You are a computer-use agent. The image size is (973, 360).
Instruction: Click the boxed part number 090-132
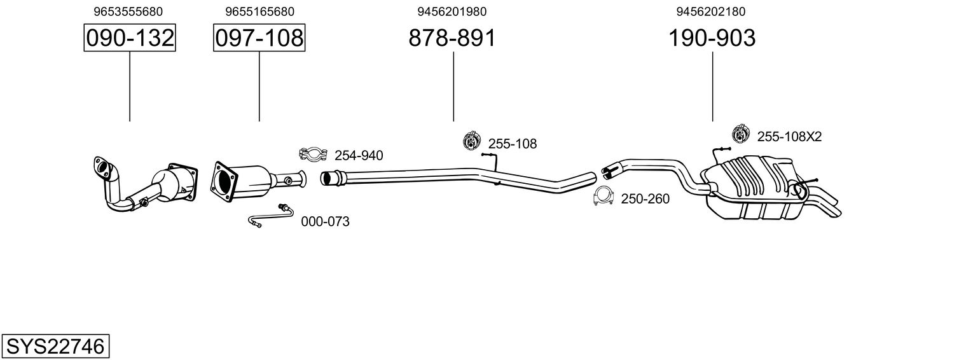coord(130,38)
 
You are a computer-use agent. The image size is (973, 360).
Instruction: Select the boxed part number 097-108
coord(259,38)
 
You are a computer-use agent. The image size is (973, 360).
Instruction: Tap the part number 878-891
coord(452,38)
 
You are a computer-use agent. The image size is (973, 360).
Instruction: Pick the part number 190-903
coord(712,38)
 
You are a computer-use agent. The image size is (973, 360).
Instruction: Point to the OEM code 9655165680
coord(259,11)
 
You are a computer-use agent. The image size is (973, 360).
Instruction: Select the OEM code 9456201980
coord(452,11)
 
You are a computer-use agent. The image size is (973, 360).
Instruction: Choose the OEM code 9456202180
coord(712,11)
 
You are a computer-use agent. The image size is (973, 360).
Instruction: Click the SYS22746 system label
coord(55,347)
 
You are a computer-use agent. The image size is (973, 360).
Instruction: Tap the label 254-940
coord(359,155)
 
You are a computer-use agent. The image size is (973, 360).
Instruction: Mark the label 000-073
coord(325,222)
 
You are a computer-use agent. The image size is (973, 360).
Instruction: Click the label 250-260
coord(645,199)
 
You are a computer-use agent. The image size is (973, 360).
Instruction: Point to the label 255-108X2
coord(789,136)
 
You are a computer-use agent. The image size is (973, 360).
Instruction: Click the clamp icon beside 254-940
coord(313,154)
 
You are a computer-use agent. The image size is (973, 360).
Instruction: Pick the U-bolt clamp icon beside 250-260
coord(603,197)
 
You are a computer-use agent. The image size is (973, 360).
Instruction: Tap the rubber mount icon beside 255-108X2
coord(740,134)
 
